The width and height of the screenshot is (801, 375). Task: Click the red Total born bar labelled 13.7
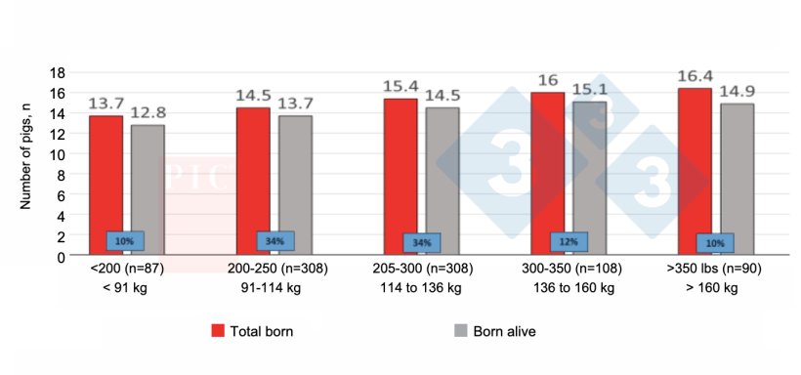click(106, 186)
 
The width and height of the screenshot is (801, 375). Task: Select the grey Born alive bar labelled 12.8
click(148, 189)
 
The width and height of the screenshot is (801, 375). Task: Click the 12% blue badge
click(569, 241)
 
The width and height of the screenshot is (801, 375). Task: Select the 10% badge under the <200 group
click(125, 240)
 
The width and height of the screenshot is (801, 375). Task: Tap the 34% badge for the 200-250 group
click(275, 240)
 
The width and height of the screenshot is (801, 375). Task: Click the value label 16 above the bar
click(547, 81)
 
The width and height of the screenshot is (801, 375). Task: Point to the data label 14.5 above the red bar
click(253, 97)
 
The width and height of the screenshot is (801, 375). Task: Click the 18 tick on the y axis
click(58, 72)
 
